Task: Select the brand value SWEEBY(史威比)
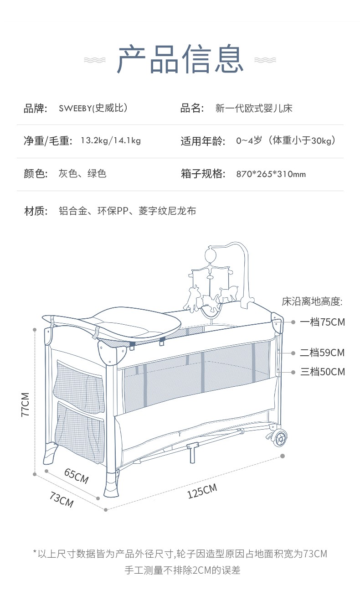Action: pos(93,109)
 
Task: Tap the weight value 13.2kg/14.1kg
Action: pos(111,140)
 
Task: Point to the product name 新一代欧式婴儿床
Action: pos(254,109)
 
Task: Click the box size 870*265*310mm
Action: pos(271,174)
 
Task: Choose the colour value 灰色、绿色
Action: pos(82,173)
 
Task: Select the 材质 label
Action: pos(36,211)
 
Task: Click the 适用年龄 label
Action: pos(203,141)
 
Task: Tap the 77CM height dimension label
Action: pos(25,404)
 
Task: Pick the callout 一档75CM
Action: pos(322,322)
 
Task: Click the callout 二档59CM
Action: pos(322,353)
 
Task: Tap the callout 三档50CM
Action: pos(322,372)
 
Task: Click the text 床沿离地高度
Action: pos(312,301)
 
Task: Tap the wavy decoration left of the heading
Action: pos(95,60)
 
